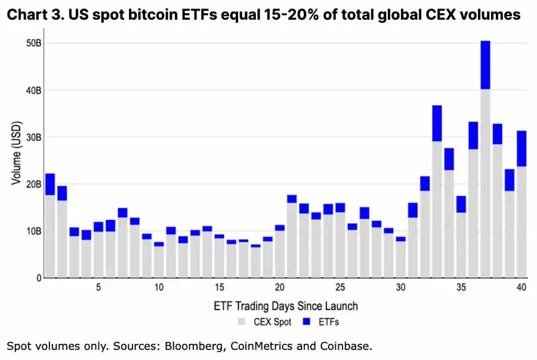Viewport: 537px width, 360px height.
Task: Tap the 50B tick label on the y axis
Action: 33,44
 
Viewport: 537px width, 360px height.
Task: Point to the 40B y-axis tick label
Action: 33,90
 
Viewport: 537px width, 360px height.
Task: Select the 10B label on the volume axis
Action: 33,231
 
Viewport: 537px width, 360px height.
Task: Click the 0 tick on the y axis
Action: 38,278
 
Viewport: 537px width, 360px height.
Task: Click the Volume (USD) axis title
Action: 16,159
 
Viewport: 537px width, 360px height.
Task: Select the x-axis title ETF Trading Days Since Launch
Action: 285,306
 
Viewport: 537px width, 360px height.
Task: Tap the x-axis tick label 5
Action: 98,288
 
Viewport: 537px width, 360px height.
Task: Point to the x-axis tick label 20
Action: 280,288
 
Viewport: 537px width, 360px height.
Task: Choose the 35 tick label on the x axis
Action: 461,288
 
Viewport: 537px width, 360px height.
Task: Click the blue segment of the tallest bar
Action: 485,65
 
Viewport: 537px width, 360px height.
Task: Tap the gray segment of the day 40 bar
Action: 521,221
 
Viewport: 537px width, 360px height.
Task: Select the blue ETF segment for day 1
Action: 50,184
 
